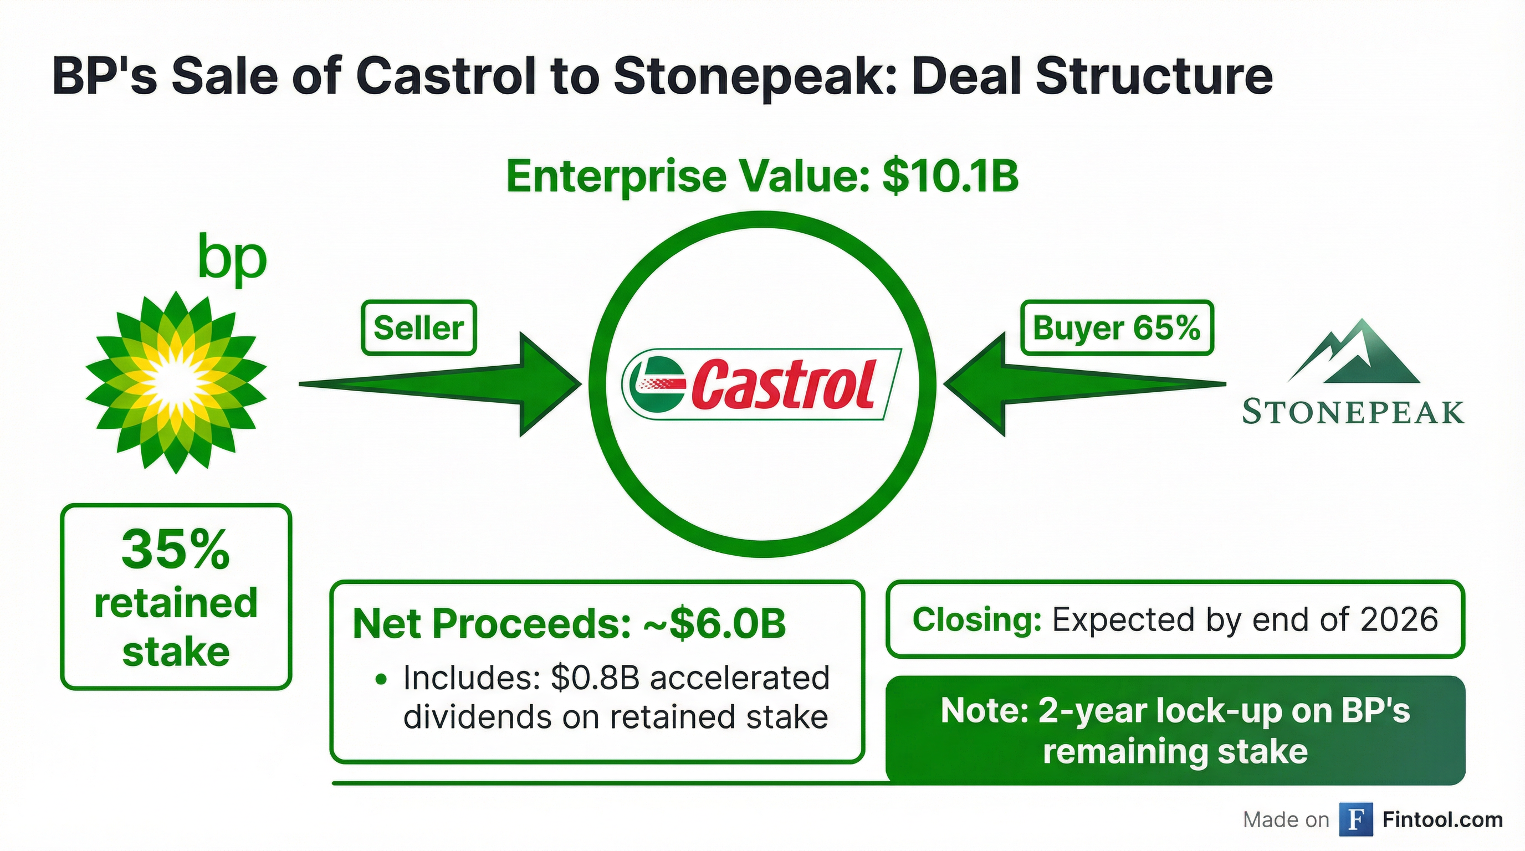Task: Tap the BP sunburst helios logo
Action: coord(176,382)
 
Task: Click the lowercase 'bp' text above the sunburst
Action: coord(232,259)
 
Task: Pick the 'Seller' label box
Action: coord(418,328)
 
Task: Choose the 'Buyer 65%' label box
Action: coord(1117,328)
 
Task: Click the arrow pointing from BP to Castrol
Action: coord(441,384)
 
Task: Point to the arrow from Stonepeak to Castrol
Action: coord(1084,384)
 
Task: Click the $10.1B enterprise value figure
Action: coord(950,176)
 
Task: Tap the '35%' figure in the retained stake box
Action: coord(176,550)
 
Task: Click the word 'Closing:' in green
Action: coord(977,619)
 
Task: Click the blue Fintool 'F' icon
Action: coord(1355,819)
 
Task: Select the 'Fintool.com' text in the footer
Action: coord(1443,819)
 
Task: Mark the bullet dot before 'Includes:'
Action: coord(382,679)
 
